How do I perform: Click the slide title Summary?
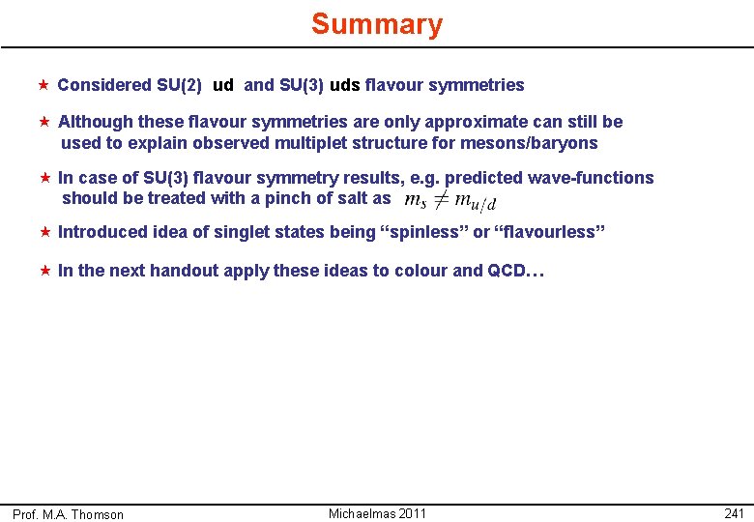[x=377, y=24]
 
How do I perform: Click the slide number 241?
[x=734, y=513]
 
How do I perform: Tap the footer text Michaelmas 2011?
[x=377, y=513]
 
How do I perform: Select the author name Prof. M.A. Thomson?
[x=68, y=514]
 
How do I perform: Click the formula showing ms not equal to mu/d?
[x=450, y=200]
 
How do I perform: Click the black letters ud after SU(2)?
[x=222, y=85]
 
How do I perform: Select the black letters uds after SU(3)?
[x=345, y=85]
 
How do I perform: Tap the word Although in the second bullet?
[x=96, y=122]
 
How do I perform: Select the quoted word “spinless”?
[x=427, y=232]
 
